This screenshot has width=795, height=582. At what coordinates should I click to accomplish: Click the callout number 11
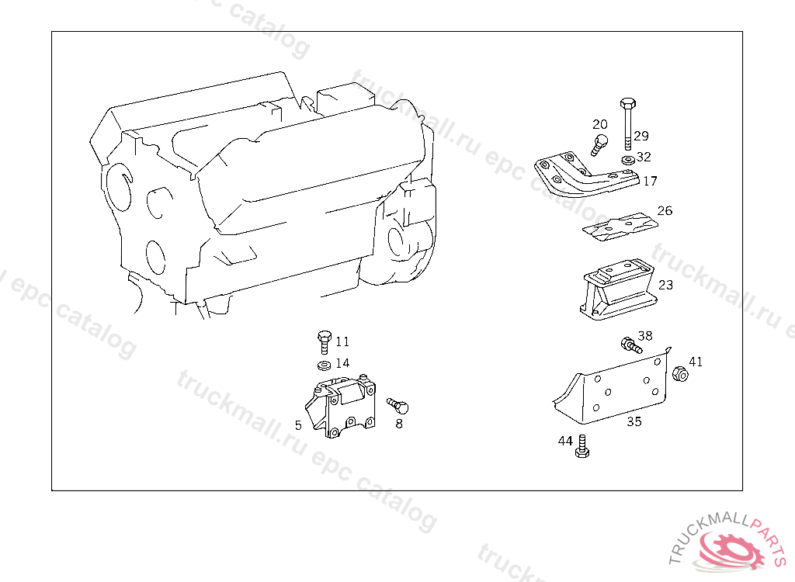coord(342,341)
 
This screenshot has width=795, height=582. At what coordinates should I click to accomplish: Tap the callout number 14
coord(342,362)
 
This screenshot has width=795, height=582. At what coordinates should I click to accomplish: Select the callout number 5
coord(298,425)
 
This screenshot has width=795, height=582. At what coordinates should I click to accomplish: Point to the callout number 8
coord(399,424)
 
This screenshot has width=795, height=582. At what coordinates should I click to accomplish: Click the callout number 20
coord(600,124)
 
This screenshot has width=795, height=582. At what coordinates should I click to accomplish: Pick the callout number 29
coord(641,136)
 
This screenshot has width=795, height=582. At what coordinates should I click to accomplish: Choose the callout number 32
coord(644,157)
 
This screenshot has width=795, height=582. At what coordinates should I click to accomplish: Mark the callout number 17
coord(650,181)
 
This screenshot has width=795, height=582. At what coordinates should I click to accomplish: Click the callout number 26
coord(665,210)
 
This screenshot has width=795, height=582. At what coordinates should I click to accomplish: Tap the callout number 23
coord(665,285)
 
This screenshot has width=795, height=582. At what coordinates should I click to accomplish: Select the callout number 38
coord(645,336)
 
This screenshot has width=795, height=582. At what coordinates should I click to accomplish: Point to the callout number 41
coord(696,362)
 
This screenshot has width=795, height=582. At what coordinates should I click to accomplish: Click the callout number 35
coord(634,422)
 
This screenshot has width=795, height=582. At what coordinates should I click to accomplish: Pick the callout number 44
coord(565,441)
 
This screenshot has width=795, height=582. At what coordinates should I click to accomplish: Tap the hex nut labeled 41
coord(678,373)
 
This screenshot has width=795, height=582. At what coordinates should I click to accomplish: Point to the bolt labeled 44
coord(583,448)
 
